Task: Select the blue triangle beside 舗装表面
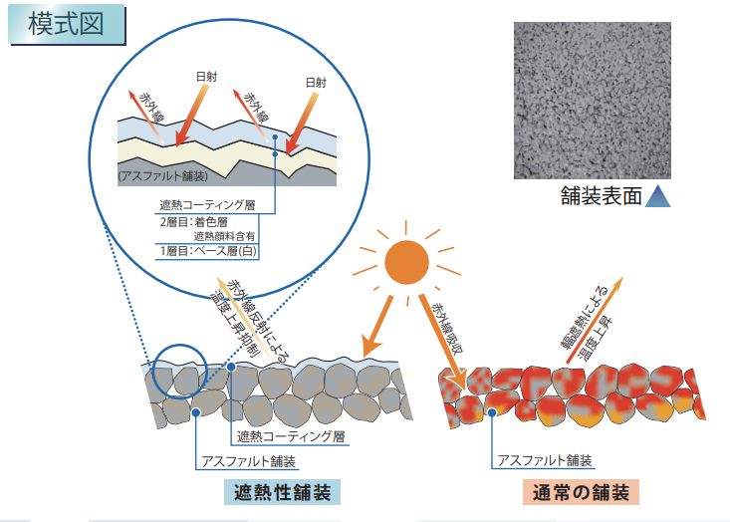657,196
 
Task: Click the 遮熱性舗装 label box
282,492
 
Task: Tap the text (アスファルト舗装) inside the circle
162,176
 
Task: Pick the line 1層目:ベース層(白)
208,251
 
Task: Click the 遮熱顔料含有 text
224,236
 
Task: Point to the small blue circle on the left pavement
180,371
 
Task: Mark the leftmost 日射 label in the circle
203,76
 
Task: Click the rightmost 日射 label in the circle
315,83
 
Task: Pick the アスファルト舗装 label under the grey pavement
250,461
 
